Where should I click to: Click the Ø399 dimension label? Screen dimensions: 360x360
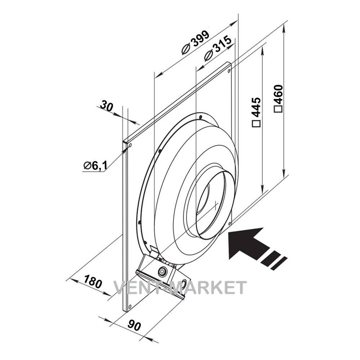pos(195,42)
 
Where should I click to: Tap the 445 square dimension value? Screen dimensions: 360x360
pos(256,112)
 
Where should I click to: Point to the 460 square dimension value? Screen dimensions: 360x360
pos(279,98)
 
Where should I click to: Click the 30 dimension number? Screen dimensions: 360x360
pos(107,106)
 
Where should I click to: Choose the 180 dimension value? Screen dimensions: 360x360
pos(92,281)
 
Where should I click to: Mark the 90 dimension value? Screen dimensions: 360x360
pos(134,325)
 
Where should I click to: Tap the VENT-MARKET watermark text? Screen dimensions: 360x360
pos(180,288)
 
